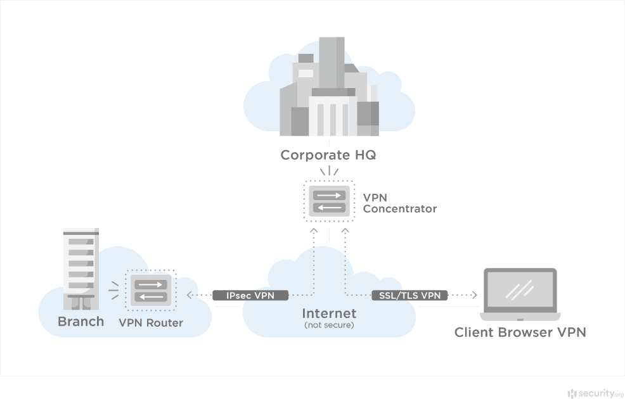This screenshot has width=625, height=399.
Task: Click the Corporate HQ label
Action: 328,155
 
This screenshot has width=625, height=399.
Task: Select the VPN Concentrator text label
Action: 399,203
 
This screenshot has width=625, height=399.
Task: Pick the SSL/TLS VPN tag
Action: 409,295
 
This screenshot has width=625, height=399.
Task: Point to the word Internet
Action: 329,313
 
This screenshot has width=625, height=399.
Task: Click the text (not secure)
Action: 329,326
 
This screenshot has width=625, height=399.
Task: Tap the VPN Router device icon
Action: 151,291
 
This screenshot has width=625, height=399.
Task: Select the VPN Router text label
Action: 151,323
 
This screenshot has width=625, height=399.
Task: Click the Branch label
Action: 81,322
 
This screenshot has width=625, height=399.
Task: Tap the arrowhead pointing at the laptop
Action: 474,295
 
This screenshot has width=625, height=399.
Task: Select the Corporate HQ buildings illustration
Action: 329,89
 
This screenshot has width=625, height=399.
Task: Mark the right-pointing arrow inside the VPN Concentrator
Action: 329,195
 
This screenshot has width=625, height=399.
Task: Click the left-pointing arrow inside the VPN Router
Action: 151,297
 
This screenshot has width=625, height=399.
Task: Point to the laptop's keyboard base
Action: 520,316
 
